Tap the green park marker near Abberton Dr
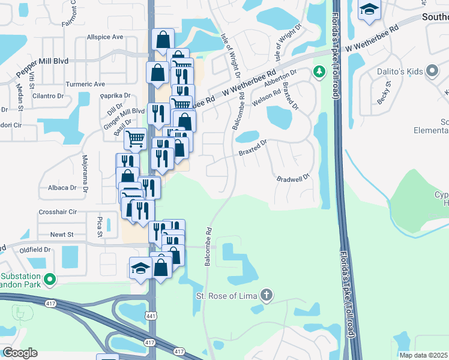319,73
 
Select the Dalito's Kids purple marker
432,71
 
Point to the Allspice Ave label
105,37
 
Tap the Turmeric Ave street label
85,84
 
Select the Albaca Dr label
62,188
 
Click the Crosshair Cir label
58,212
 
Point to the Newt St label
61,234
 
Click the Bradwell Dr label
292,178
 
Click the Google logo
20,353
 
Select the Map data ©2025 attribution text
424,355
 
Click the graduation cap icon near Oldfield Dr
140,268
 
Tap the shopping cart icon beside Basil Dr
136,139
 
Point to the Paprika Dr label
115,95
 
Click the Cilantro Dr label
48,95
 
